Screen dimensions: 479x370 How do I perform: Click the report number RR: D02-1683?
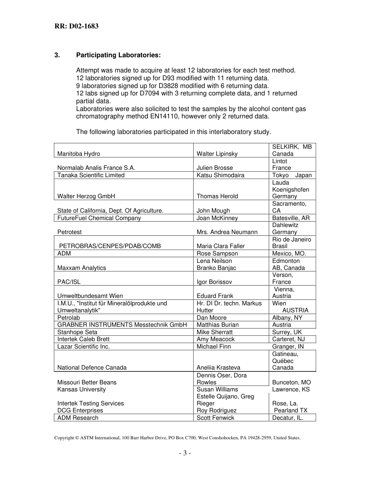pos(76,26)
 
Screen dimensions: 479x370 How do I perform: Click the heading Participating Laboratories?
pos(118,55)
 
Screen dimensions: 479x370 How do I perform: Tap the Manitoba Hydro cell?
pos(79,154)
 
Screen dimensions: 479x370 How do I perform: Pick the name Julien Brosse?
pos(215,168)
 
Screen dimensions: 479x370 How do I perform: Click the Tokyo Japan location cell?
pos(292,175)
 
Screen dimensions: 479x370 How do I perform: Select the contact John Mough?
pos(213,211)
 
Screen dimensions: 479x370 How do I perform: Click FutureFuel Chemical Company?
pos(99,218)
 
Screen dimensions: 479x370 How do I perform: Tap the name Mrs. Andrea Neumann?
pos(227,232)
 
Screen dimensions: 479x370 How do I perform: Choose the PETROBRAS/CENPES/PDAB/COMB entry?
pos(110,246)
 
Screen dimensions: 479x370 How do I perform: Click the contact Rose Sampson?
pos(217,254)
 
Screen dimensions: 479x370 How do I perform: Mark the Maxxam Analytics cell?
pos(81,268)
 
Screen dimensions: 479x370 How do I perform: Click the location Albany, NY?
pos(287,318)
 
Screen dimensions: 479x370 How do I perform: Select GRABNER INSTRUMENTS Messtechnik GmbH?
pos(122,325)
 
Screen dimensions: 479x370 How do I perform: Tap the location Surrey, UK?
pos(287,332)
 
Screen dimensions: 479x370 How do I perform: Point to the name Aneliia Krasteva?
pos(218,368)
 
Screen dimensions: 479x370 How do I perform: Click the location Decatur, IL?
pos(288,418)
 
